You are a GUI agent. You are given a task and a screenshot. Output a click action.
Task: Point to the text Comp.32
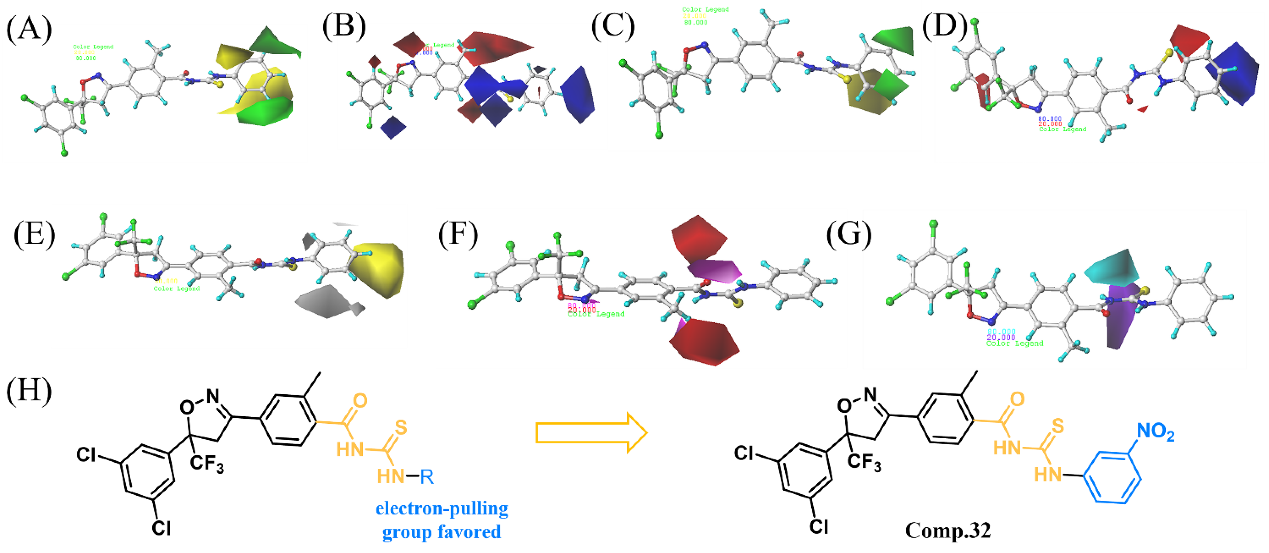[x=947, y=530]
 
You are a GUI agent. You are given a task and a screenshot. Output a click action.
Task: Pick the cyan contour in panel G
[x=1113, y=268]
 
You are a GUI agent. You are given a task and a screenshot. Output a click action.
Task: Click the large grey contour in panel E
[x=325, y=301]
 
